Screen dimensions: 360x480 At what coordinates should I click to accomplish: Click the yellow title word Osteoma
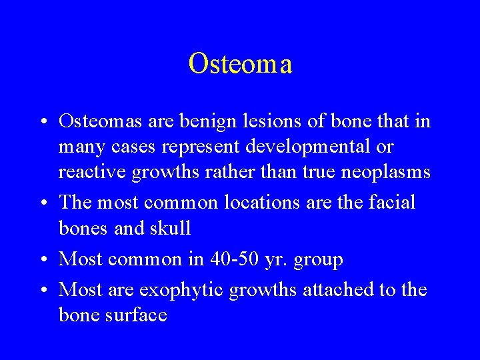click(x=240, y=64)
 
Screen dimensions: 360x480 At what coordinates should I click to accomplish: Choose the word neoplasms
click(x=385, y=171)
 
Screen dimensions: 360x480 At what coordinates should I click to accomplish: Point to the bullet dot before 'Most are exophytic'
click(x=43, y=291)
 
